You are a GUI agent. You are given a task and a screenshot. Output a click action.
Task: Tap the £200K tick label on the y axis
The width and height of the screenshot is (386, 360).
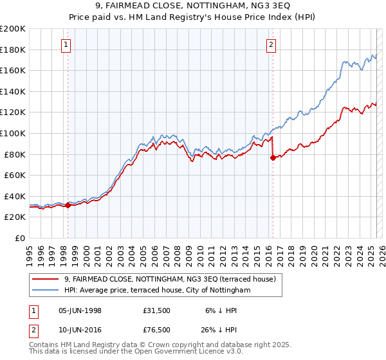pyautogui.click(x=13, y=29)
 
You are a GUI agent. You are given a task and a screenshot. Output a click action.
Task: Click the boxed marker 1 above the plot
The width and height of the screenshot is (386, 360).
pyautogui.click(x=67, y=45)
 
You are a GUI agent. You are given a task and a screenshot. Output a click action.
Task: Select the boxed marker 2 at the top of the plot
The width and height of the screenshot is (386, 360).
pyautogui.click(x=271, y=45)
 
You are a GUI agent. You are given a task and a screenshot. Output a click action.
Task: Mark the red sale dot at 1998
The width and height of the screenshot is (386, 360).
pyautogui.click(x=68, y=205)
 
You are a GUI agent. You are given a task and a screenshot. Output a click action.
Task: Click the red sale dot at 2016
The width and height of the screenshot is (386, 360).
pyautogui.click(x=273, y=158)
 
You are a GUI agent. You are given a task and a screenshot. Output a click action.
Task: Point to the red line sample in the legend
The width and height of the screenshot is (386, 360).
pyautogui.click(x=45, y=279)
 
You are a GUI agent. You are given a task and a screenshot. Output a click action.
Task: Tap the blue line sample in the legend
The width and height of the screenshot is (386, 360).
pyautogui.click(x=45, y=290)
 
